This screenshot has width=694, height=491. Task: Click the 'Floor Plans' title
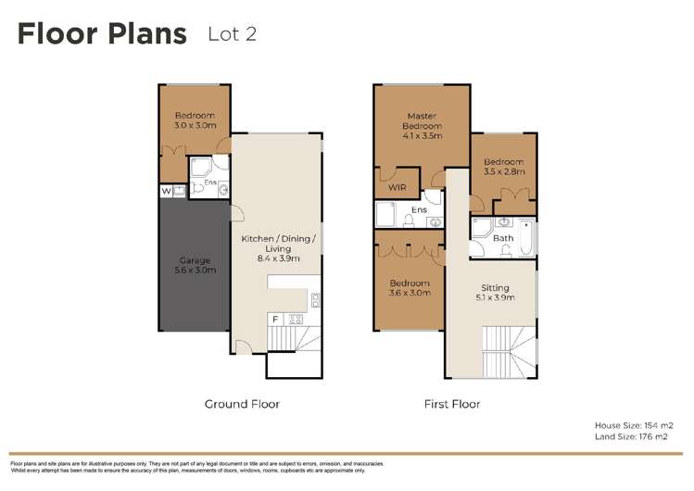click(102, 35)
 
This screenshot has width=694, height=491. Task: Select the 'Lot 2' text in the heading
click(232, 35)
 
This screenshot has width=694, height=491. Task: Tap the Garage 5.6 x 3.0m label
click(195, 265)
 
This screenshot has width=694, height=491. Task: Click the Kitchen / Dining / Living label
click(278, 248)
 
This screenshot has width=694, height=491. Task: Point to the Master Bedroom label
click(422, 125)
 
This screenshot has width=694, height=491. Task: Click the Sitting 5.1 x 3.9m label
click(495, 292)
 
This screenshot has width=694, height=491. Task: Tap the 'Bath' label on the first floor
click(502, 238)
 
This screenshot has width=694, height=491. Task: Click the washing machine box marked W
click(166, 191)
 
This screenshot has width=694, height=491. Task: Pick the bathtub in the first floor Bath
click(525, 236)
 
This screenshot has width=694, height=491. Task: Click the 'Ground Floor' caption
click(242, 404)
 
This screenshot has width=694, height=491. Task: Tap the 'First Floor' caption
click(451, 404)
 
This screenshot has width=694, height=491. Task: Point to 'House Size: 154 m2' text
click(633, 425)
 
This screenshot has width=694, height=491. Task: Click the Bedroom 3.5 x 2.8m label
click(504, 167)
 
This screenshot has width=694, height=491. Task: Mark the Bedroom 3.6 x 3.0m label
click(409, 288)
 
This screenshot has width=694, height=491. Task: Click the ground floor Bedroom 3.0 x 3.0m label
click(195, 120)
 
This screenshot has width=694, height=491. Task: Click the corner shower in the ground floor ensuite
click(200, 166)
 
